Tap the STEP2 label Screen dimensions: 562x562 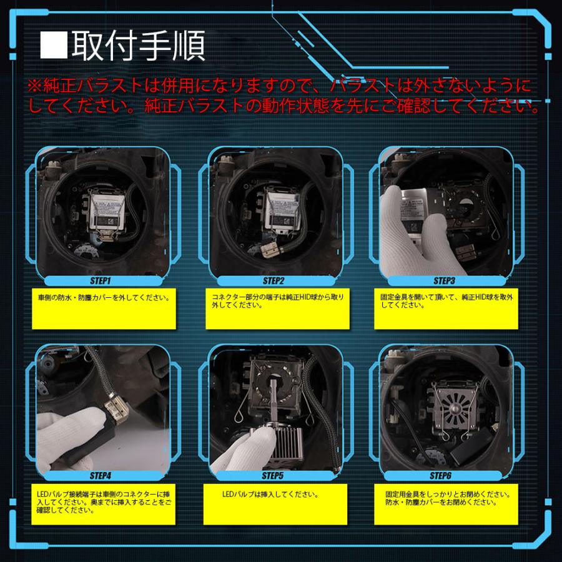pos(274,281)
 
